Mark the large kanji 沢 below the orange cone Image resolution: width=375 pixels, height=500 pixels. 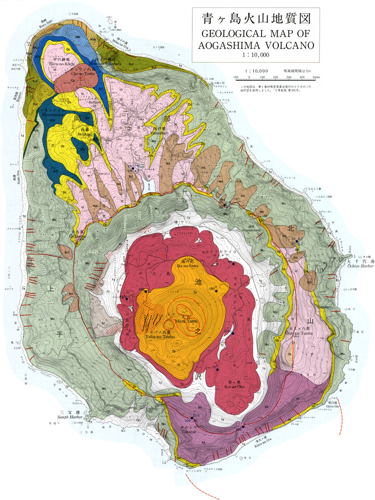point(198,376)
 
